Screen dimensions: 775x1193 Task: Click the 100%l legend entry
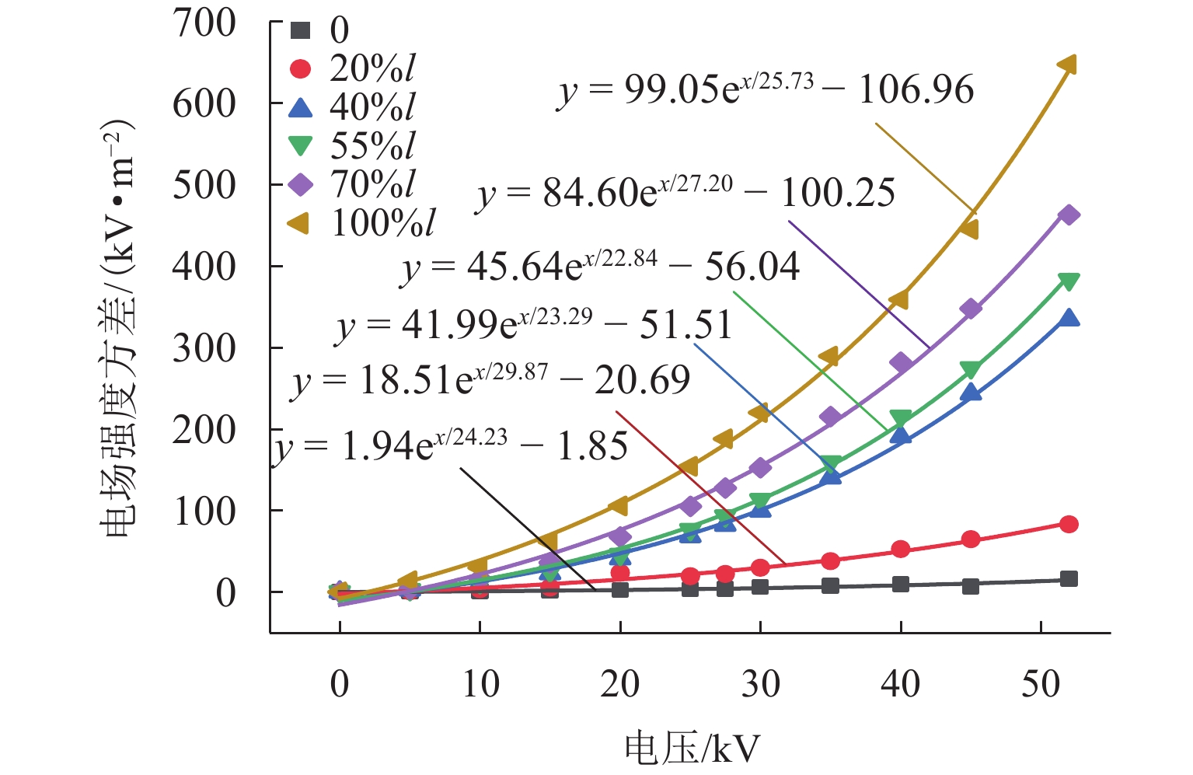[362, 223]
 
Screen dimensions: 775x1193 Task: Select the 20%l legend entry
[354, 68]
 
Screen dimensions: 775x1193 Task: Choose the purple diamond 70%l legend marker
[300, 184]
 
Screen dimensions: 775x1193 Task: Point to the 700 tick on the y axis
[204, 23]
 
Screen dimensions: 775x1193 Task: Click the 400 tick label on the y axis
[204, 267]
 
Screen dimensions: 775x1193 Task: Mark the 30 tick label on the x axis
[760, 684]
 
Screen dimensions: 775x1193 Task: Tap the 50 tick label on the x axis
[1041, 684]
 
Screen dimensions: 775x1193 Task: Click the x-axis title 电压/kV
[692, 749]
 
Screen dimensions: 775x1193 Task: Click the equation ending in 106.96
[766, 90]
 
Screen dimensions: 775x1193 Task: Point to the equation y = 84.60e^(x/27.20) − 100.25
[685, 193]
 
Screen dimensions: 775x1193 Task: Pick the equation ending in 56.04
[600, 267]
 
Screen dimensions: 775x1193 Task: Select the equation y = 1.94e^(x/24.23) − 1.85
[451, 446]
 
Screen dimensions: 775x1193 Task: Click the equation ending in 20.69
[491, 381]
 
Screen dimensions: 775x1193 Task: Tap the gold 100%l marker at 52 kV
[1068, 65]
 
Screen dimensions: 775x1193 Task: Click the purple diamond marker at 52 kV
[1068, 215]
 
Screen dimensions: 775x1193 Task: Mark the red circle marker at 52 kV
[1068, 524]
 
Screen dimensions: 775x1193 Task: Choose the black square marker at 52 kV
[1068, 579]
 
